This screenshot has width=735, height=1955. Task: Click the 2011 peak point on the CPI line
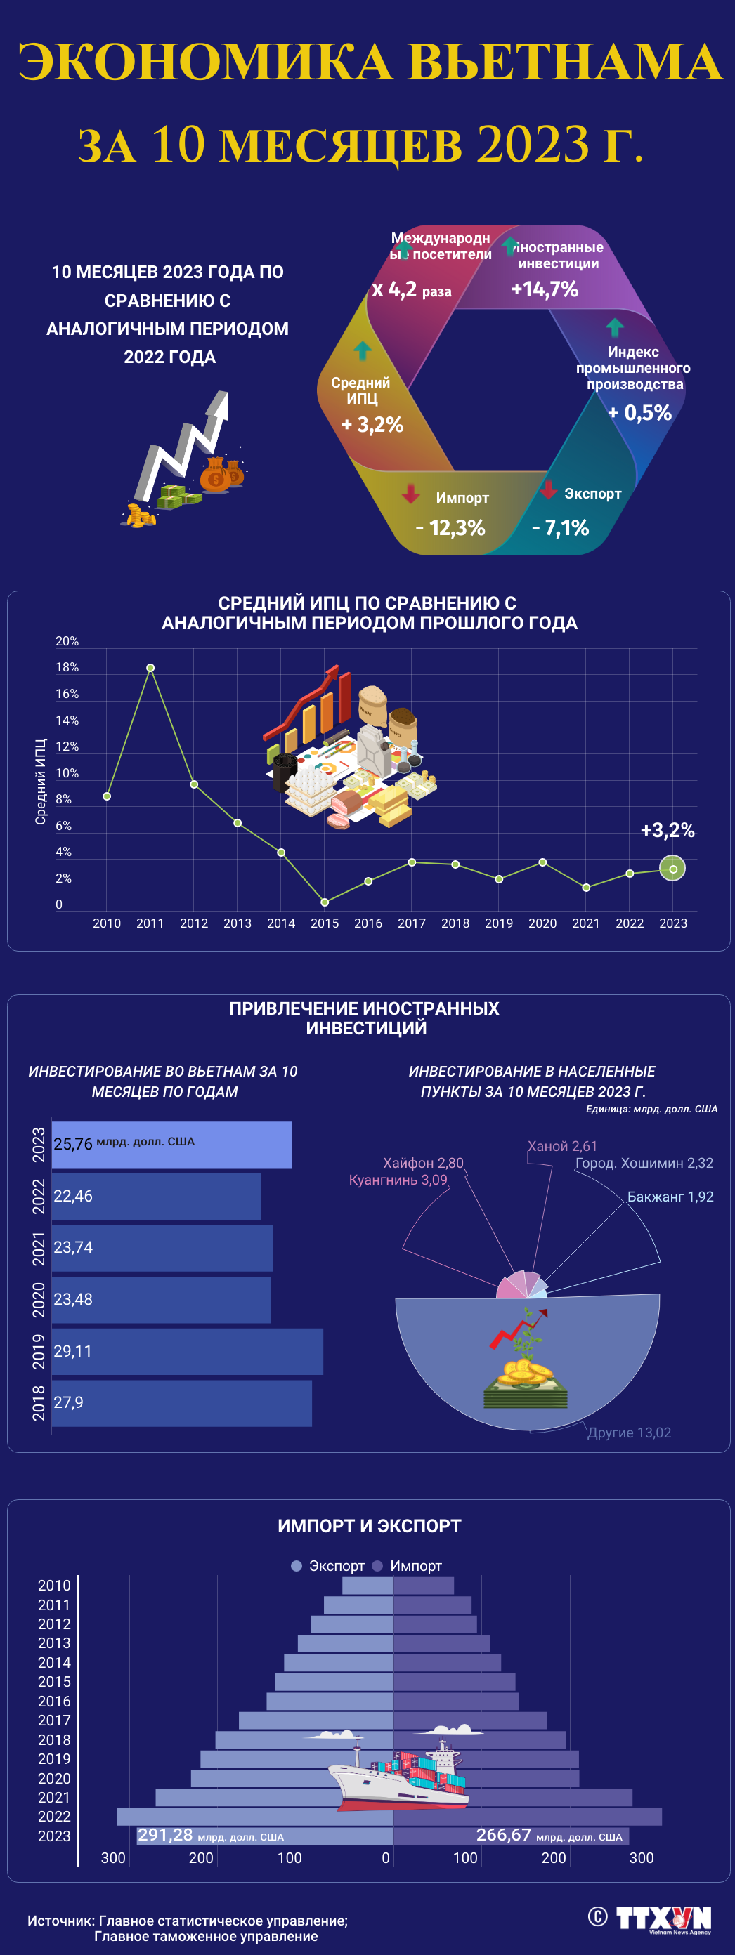pyautogui.click(x=150, y=668)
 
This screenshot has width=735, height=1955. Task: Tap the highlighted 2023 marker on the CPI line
pyautogui.click(x=672, y=868)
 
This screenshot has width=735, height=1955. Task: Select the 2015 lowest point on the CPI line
pyautogui.click(x=325, y=902)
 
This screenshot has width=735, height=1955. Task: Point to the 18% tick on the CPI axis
pyautogui.click(x=67, y=667)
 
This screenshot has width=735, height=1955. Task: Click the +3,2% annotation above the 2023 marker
pyautogui.click(x=668, y=829)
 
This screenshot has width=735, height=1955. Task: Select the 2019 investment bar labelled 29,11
pyautogui.click(x=188, y=1351)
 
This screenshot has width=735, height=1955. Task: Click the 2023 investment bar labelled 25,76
pyautogui.click(x=171, y=1145)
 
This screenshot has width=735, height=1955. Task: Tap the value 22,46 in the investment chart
pyautogui.click(x=73, y=1196)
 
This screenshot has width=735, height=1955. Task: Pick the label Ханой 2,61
pyautogui.click(x=563, y=1146)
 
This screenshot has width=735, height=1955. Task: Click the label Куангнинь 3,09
pyautogui.click(x=398, y=1179)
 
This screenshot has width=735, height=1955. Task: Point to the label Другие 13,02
pyautogui.click(x=629, y=1432)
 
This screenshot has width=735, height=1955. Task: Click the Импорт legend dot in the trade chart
pyautogui.click(x=377, y=1566)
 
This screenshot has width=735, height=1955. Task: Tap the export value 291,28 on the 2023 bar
pyautogui.click(x=164, y=1834)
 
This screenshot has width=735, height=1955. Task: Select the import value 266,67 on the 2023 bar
pyautogui.click(x=503, y=1834)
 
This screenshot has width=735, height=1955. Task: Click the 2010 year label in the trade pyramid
pyautogui.click(x=54, y=1586)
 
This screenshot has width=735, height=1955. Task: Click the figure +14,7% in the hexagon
pyautogui.click(x=545, y=289)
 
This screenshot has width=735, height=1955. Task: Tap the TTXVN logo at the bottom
pyautogui.click(x=663, y=1918)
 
